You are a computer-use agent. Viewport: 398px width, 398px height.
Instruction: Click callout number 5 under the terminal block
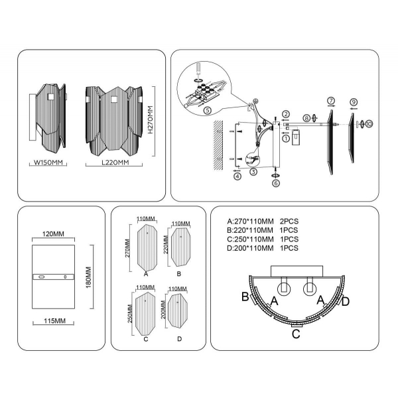coord(207,110)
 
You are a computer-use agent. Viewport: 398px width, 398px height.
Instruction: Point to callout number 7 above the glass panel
coord(330,100)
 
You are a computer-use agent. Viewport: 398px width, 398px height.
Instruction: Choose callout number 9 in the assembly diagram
coord(354,101)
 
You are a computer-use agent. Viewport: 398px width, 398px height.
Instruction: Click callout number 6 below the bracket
coord(276,183)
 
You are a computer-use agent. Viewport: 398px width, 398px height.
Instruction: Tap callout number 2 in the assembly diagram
coord(285,115)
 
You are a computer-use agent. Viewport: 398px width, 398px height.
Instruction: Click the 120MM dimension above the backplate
coord(55,235)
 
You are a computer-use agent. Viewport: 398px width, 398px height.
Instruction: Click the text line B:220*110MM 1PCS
coord(263,230)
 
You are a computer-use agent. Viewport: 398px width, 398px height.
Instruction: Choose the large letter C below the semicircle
coord(297,334)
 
